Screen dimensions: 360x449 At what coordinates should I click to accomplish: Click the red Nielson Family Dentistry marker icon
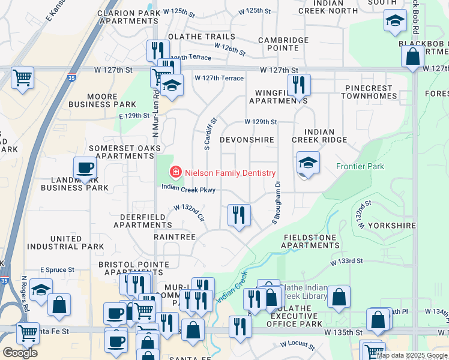176,173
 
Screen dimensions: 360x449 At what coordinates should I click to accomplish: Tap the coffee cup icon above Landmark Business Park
85,168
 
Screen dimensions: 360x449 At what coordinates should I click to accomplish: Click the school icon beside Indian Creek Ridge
308,163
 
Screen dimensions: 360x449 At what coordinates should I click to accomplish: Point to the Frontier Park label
360,166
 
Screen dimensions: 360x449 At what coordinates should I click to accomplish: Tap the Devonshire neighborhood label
247,140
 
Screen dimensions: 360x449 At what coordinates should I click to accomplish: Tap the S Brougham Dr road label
276,203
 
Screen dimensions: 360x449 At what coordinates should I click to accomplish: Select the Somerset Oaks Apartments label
125,152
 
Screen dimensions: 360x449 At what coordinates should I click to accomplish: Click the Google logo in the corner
20,353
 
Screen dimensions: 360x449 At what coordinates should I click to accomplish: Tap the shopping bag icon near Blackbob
412,57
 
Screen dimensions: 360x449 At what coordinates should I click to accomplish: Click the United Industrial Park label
65,243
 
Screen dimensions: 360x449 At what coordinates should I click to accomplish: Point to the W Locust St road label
297,345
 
